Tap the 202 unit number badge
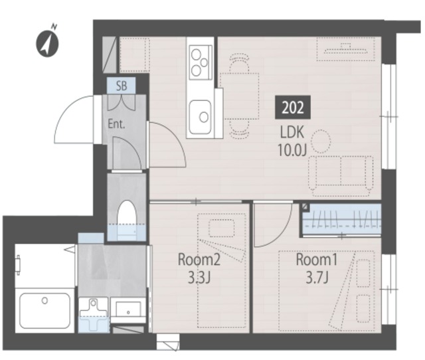pyautogui.click(x=293, y=108)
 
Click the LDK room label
pyautogui.click(x=292, y=133)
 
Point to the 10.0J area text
pyautogui.click(x=292, y=150)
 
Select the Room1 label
pyautogui.click(x=317, y=260)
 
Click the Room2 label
pyautogui.click(x=199, y=260)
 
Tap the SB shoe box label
pyautogui.click(x=122, y=86)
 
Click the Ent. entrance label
pyautogui.click(x=116, y=124)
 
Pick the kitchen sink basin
pyautogui.click(x=200, y=117)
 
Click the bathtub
pyautogui.click(x=45, y=311)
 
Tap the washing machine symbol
pyautogui.click(x=94, y=314)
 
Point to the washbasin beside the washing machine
pyautogui.click(x=128, y=310)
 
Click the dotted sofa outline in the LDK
pyautogui.click(x=341, y=175)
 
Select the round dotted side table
pyautogui.click(x=321, y=141)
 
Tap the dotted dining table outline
pyautogui.click(x=239, y=96)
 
